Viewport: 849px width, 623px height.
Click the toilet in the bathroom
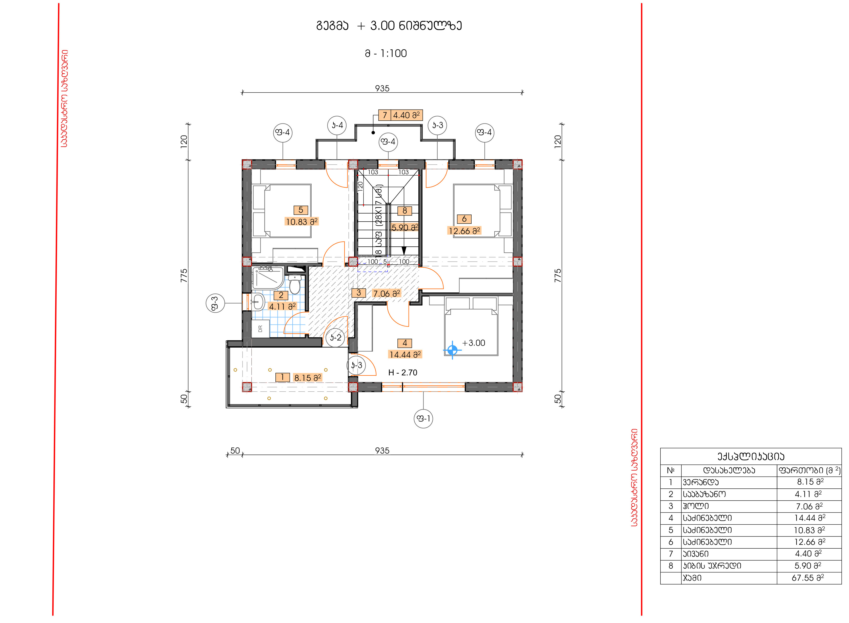pos(295,284)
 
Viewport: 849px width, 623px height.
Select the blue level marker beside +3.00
pos(452,350)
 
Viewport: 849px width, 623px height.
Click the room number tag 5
pos(301,210)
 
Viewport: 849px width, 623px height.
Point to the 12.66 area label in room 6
pos(464,230)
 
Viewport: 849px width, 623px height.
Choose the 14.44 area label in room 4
pos(405,354)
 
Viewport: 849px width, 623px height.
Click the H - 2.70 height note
pos(403,373)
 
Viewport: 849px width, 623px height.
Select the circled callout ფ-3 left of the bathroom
pos(215,303)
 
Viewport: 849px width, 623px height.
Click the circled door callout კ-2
pos(335,337)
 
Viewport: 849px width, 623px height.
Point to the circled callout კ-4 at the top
pos(337,125)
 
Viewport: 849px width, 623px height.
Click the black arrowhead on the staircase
pos(404,251)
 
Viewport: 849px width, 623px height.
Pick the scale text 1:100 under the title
pos(394,54)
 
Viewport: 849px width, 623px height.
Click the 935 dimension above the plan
pos(382,88)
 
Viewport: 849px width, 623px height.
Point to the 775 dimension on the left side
pos(184,276)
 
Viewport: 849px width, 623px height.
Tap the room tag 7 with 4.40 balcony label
pos(400,115)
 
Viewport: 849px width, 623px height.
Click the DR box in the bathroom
pos(260,329)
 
